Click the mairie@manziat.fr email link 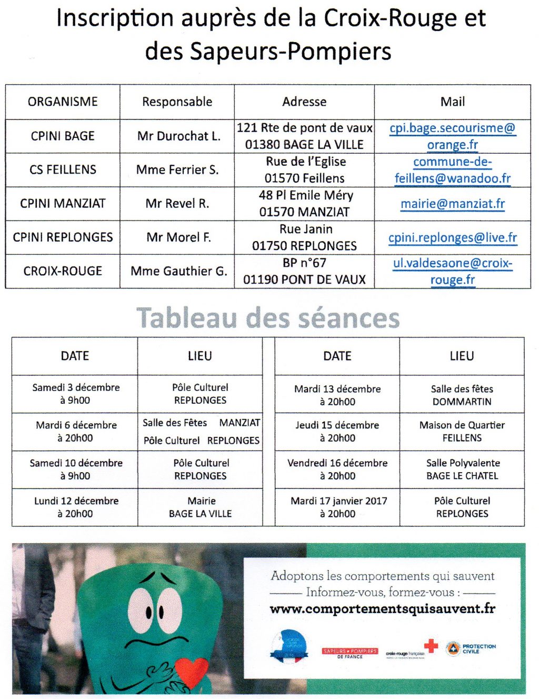click(x=453, y=204)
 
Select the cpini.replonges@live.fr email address click(x=453, y=238)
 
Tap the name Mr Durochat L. click(x=178, y=136)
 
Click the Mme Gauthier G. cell click(x=178, y=271)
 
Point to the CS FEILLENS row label click(x=63, y=169)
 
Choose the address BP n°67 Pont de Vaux click(x=304, y=271)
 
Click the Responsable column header click(x=177, y=102)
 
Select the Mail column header click(x=453, y=102)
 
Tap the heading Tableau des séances click(x=268, y=318)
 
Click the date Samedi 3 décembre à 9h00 click(x=75, y=394)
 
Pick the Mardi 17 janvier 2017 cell click(x=338, y=507)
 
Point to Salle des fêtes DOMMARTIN click(x=462, y=395)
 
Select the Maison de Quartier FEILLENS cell click(x=462, y=431)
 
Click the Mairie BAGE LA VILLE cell click(x=201, y=507)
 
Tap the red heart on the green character click(x=191, y=671)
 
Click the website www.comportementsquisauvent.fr click(x=382, y=609)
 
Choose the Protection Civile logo click(x=471, y=648)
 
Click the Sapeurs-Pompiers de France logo click(x=350, y=653)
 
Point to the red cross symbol click(x=431, y=646)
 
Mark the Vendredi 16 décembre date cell click(x=338, y=469)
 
